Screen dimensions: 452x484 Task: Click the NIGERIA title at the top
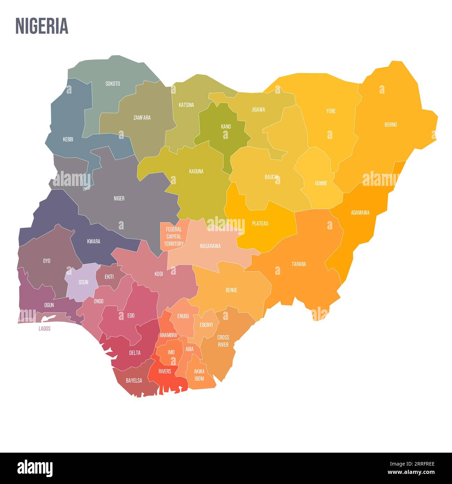point(42,26)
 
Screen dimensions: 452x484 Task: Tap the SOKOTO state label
point(113,84)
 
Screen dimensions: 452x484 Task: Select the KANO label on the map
point(226,126)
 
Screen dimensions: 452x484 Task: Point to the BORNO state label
point(390,125)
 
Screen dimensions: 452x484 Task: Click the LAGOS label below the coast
point(45,328)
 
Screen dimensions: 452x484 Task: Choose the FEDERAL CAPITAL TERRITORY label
point(174,236)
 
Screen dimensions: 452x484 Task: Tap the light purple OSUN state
point(83,282)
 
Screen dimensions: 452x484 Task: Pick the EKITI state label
point(109,277)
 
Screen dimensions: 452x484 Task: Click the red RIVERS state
point(165,372)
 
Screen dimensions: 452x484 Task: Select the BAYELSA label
point(134,381)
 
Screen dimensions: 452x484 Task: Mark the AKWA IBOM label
point(199,375)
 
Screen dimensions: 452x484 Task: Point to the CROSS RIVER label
point(223,341)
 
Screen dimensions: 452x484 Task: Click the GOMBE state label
point(321,183)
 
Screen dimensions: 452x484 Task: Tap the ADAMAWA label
point(360,212)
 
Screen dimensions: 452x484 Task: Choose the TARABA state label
point(299,264)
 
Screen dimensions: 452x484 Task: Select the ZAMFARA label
point(142,118)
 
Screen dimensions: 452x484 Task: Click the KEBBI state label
point(68,139)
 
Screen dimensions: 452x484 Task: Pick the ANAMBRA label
point(169,335)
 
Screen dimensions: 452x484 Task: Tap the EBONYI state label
point(206,325)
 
